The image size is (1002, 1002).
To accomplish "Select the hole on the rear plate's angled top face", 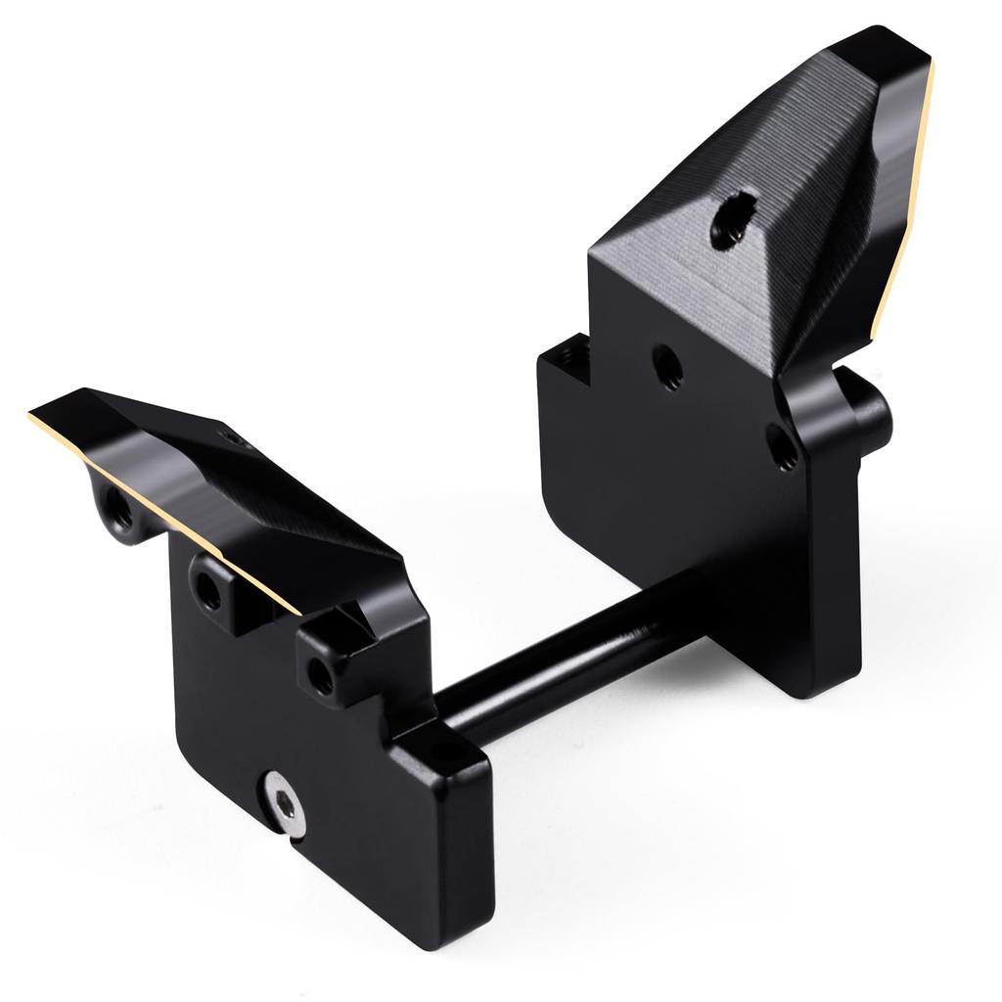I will (x=733, y=221).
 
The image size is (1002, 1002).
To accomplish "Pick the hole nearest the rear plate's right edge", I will (x=782, y=446).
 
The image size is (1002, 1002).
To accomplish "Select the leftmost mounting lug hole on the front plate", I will (x=118, y=507).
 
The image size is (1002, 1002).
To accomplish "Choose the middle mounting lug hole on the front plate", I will (x=208, y=589).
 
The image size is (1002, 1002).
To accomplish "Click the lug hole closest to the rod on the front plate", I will (x=321, y=673).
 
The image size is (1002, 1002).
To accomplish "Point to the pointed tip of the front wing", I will (x=34, y=414).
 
